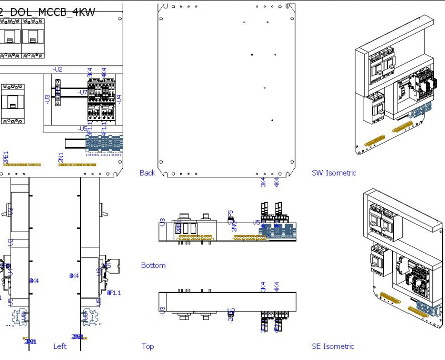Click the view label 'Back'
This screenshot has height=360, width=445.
pyautogui.click(x=147, y=173)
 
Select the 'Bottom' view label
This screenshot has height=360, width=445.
pyautogui.click(x=153, y=266)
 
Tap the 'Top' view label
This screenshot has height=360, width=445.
pyautogui.click(x=147, y=346)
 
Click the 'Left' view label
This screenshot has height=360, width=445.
pyautogui.click(x=60, y=346)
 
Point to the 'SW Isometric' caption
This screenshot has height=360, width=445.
pyautogui.click(x=333, y=173)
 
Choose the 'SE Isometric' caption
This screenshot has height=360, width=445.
pyautogui.click(x=333, y=346)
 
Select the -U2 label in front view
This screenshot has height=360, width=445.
pyautogui.click(x=57, y=69)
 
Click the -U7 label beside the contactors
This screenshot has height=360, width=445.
pyautogui.click(x=82, y=93)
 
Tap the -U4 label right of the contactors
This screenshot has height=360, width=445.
pyautogui.click(x=119, y=98)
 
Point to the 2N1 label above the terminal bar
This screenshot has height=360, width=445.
pyautogui.click(x=61, y=157)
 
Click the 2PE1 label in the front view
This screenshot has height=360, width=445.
pyautogui.click(x=6, y=157)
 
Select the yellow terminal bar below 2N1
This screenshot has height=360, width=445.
pyautogui.click(x=77, y=165)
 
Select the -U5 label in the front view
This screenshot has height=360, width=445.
pyautogui.click(x=82, y=129)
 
